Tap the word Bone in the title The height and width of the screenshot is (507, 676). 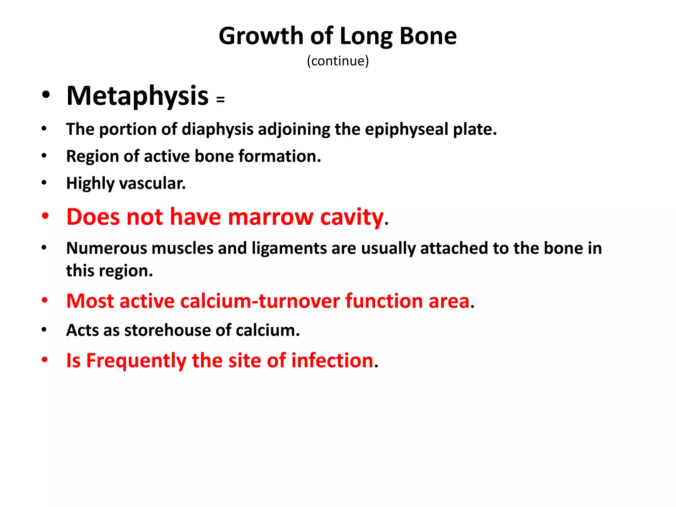click(428, 36)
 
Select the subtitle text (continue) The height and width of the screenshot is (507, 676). click(338, 61)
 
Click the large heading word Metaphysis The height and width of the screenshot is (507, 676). click(137, 96)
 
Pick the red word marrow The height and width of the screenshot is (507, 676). click(270, 217)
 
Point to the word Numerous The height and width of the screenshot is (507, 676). click(107, 248)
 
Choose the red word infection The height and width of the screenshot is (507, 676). click(332, 360)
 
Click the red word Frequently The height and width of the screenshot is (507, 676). click(136, 361)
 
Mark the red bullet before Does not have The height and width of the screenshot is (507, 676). click(45, 216)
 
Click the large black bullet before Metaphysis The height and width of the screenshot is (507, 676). click(46, 95)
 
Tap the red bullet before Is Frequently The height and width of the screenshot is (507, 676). click(45, 359)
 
